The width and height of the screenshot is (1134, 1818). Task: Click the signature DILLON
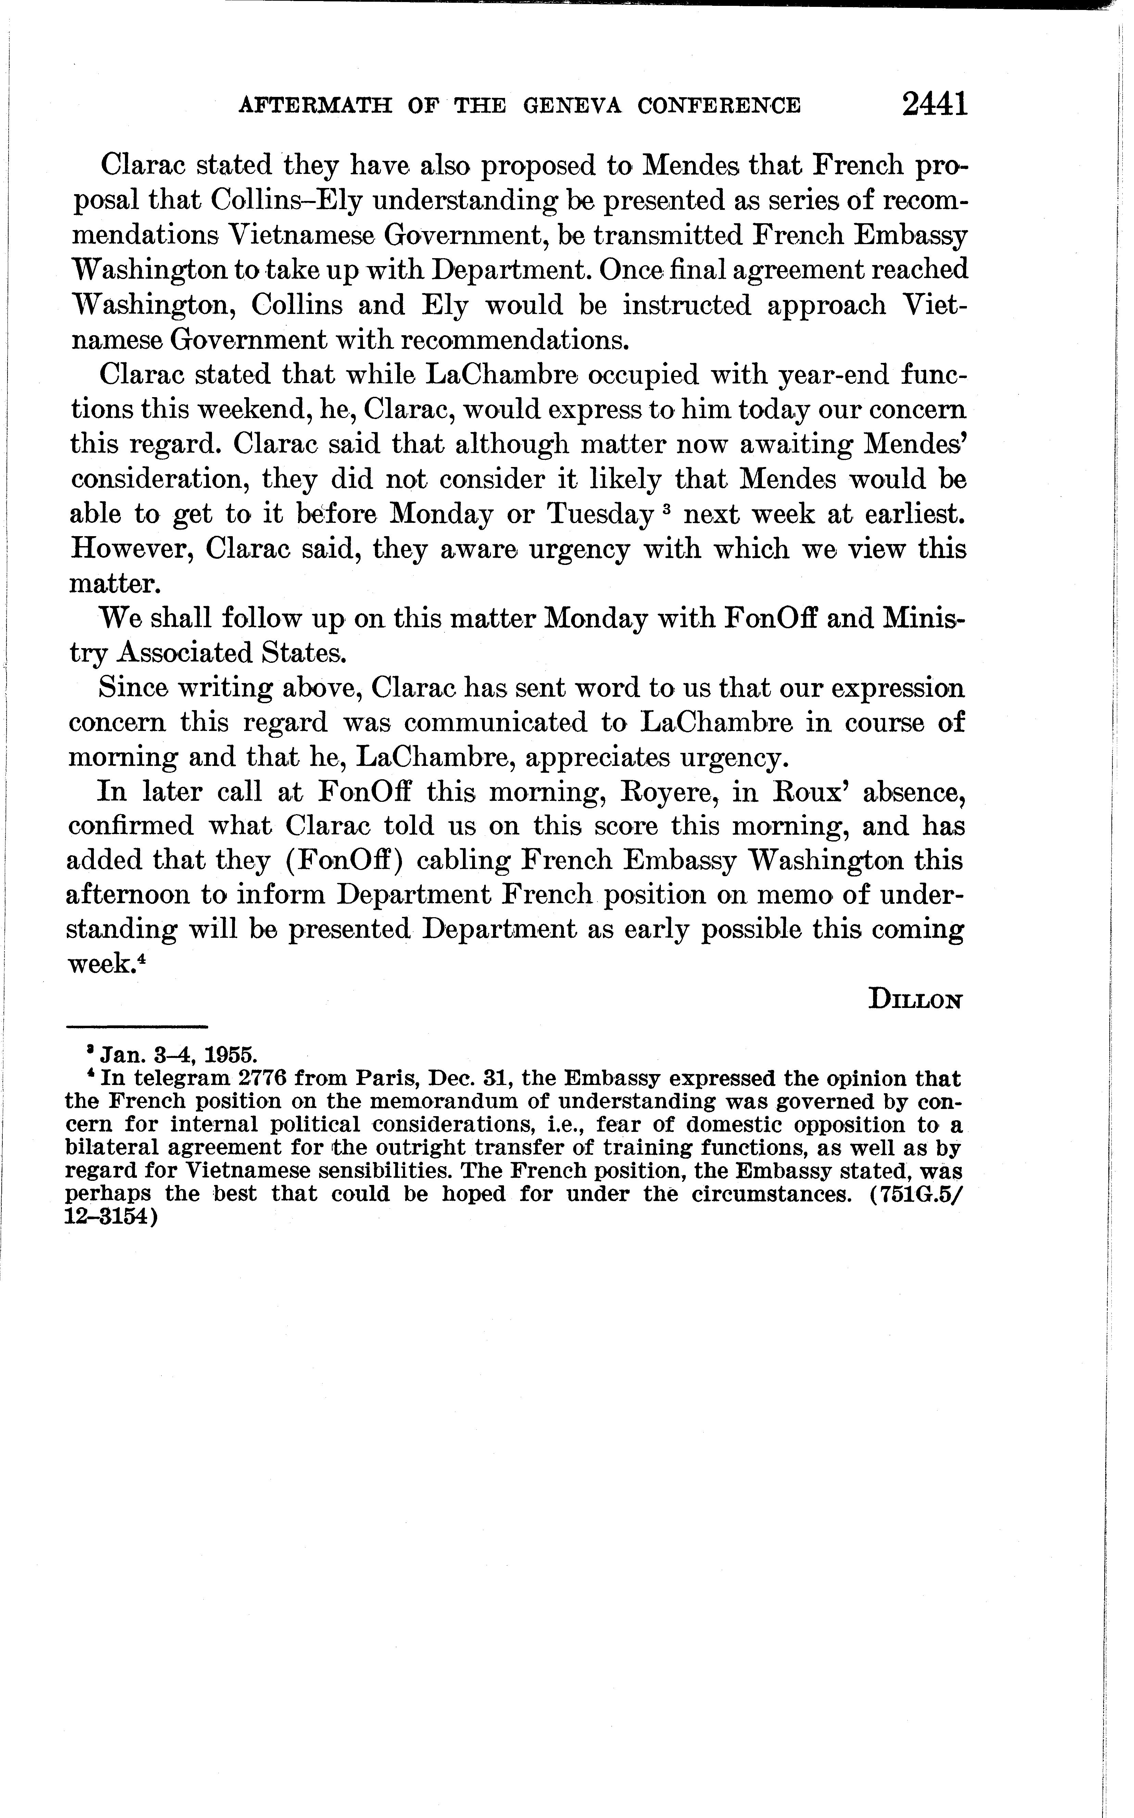(915, 1000)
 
